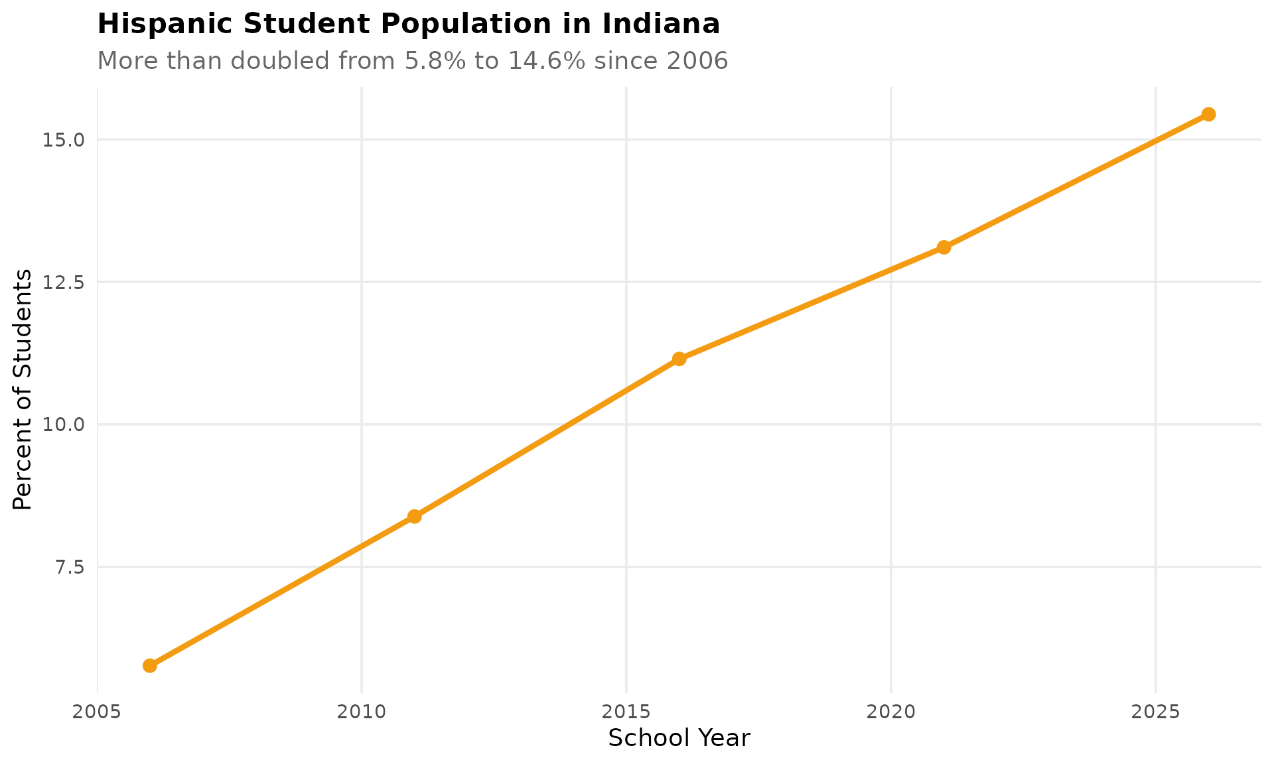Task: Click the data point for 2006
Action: click(x=150, y=665)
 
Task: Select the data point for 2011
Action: click(x=415, y=516)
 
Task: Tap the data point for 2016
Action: click(x=679, y=359)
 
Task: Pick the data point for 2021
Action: click(x=944, y=247)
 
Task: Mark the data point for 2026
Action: click(x=1208, y=114)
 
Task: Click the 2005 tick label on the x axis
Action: click(x=98, y=712)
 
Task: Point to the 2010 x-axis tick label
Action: click(x=362, y=712)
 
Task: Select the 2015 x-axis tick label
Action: click(x=626, y=712)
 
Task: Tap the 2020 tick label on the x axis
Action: click(x=890, y=712)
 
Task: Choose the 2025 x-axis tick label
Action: click(x=1155, y=712)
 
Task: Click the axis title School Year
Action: click(x=679, y=738)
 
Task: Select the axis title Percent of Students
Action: click(x=23, y=389)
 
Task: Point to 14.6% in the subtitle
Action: click(x=547, y=61)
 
